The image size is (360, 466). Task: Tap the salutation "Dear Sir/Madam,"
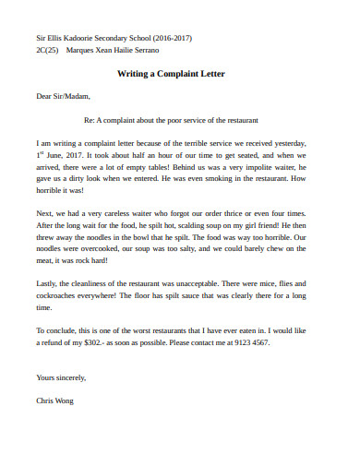64,96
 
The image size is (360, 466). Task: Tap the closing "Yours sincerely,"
61,378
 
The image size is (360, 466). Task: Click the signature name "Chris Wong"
55,401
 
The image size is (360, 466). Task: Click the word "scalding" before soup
189,224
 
